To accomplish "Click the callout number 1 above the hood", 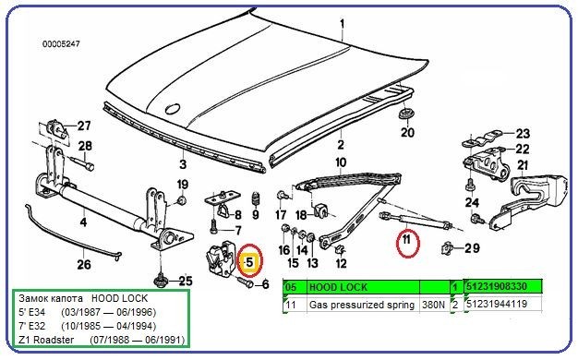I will coord(342,23).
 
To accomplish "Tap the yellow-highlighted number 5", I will coord(248,262).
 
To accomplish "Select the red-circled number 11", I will coord(404,244).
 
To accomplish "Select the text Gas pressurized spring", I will coord(360,303).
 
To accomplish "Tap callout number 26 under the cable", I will coord(84,265).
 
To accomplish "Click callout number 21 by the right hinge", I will coord(522,166).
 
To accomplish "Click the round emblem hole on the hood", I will coord(172,109).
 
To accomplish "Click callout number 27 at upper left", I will coord(84,126).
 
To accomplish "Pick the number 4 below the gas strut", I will coord(82,222).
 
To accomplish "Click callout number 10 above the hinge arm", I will coord(341,163).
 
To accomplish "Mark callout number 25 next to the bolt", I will coord(185,281).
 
